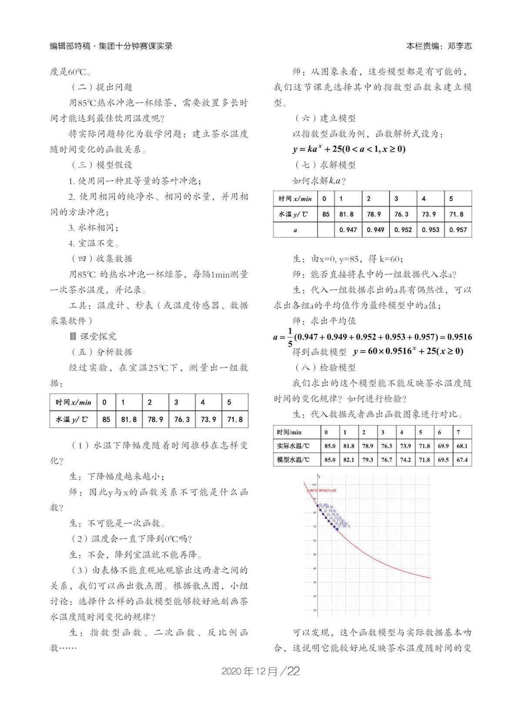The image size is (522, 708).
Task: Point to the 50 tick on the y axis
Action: pos(314,554)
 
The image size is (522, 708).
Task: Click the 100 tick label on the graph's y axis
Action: pos(313,484)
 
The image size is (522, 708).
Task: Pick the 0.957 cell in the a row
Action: pos(458,230)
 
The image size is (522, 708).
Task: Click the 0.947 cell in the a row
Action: pos(348,230)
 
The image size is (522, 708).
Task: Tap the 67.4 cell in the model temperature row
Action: pos(462,460)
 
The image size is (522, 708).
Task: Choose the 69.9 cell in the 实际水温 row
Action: pos(443,446)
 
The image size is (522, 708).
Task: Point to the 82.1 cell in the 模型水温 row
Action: pos(348,460)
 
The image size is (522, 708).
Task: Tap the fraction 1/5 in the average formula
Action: pos(290,337)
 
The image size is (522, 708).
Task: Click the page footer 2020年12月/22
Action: pos(261,671)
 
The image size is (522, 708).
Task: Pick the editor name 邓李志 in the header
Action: pos(459,46)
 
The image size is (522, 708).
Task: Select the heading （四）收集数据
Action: pos(102,259)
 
